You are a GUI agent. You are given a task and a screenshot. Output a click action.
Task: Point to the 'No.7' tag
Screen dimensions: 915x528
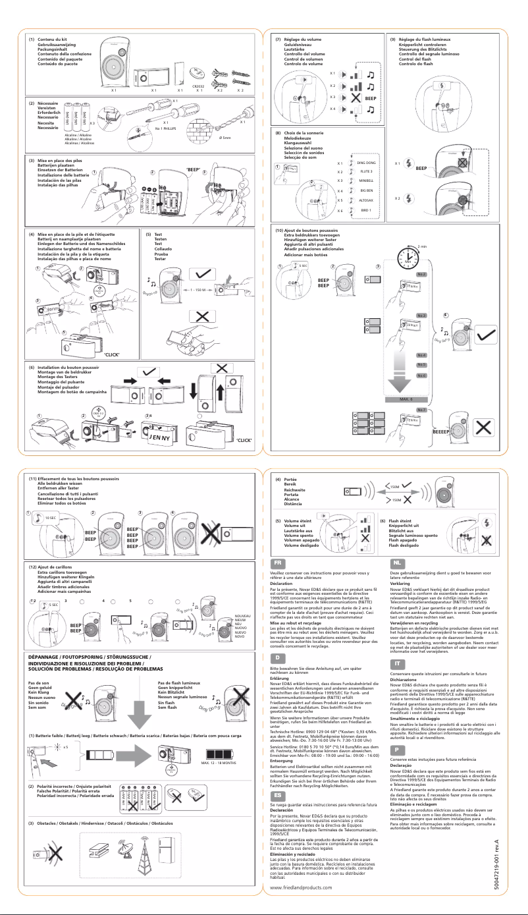pos(421,410)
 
